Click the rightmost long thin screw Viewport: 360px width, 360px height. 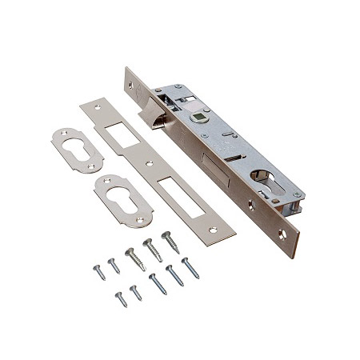(x=190, y=268)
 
